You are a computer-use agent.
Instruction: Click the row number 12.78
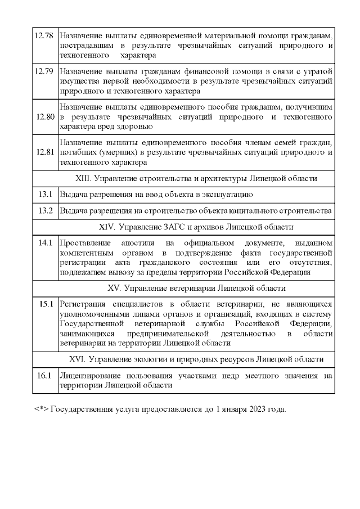(44, 35)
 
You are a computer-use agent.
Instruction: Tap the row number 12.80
(44, 117)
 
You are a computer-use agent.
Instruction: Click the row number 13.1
(45, 194)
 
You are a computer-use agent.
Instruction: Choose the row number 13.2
(45, 211)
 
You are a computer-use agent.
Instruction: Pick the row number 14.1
(45, 243)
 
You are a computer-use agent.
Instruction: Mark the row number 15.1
(45, 304)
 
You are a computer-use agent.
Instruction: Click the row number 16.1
(44, 376)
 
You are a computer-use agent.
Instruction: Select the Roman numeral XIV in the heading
(106, 227)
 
